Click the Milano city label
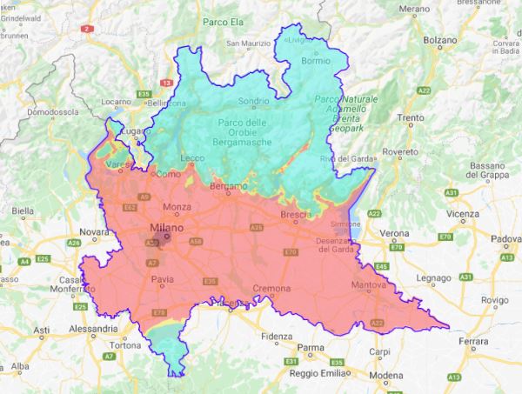tap(166, 228)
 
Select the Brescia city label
tap(296, 214)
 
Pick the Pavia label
tap(164, 279)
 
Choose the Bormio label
tap(315, 62)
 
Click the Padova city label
tap(505, 238)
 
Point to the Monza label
tap(177, 206)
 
